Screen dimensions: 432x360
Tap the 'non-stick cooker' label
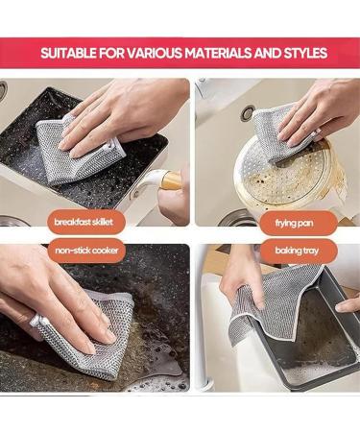pos(87,252)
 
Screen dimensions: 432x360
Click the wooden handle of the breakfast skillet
pos(173,180)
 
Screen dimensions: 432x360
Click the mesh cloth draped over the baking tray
pos(283,307)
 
